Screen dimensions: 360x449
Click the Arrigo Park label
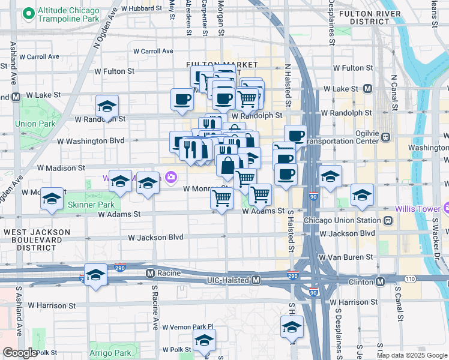pyautogui.click(x=109, y=353)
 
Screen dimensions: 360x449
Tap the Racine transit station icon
pyautogui.click(x=151, y=274)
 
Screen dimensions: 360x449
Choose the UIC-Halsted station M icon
pyautogui.click(x=256, y=280)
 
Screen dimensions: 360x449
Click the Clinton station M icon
pyautogui.click(x=380, y=281)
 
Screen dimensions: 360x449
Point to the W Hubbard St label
pyautogui.click(x=142, y=8)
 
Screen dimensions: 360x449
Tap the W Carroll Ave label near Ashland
pyautogui.click(x=39, y=56)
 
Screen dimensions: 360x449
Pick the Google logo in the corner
pyautogui.click(x=20, y=353)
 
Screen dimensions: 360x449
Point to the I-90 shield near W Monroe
pyautogui.click(x=315, y=196)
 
